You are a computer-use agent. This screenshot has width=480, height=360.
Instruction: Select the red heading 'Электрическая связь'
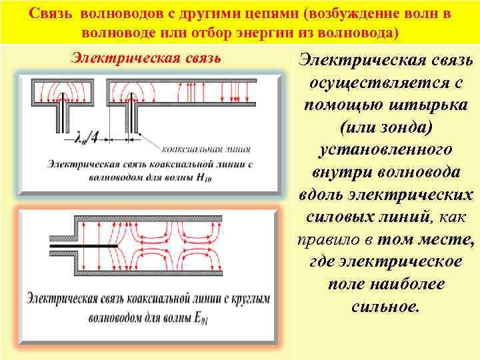tap(146, 59)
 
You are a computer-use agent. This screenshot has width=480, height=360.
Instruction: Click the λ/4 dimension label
tap(89, 138)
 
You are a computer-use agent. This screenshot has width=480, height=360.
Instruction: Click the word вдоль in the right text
tap(323, 194)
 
